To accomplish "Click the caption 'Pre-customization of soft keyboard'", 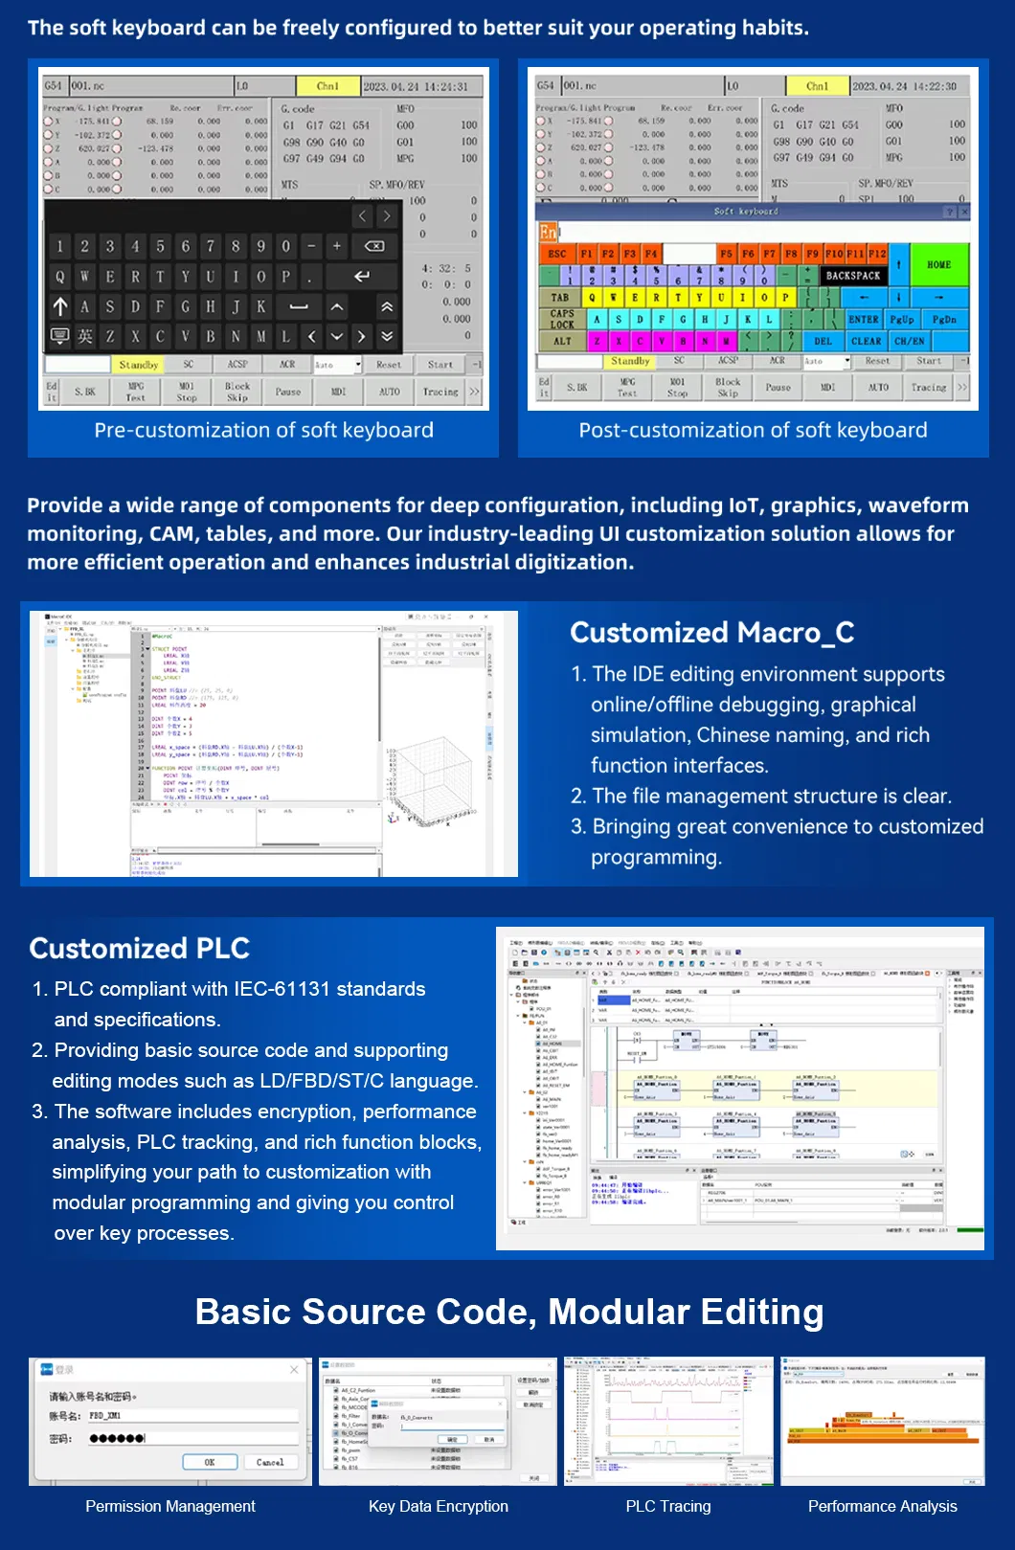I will click(x=263, y=431).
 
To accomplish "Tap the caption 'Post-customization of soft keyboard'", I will click(x=753, y=431).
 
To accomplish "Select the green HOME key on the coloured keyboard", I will click(x=937, y=265).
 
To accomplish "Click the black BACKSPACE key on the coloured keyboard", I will click(x=852, y=276).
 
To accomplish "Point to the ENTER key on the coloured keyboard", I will click(x=863, y=320).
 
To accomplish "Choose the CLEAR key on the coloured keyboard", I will click(x=866, y=341).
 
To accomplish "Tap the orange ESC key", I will click(x=556, y=254).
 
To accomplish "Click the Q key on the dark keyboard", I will click(x=60, y=277).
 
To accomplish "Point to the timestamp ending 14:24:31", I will click(x=416, y=86).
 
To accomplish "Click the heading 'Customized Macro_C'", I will click(x=711, y=633).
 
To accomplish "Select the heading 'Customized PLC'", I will click(x=139, y=949).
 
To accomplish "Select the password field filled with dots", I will click(x=192, y=1438).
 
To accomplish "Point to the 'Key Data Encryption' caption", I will click(x=439, y=1506).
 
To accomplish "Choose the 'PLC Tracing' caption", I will click(x=668, y=1506).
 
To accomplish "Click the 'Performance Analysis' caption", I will click(x=882, y=1506).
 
